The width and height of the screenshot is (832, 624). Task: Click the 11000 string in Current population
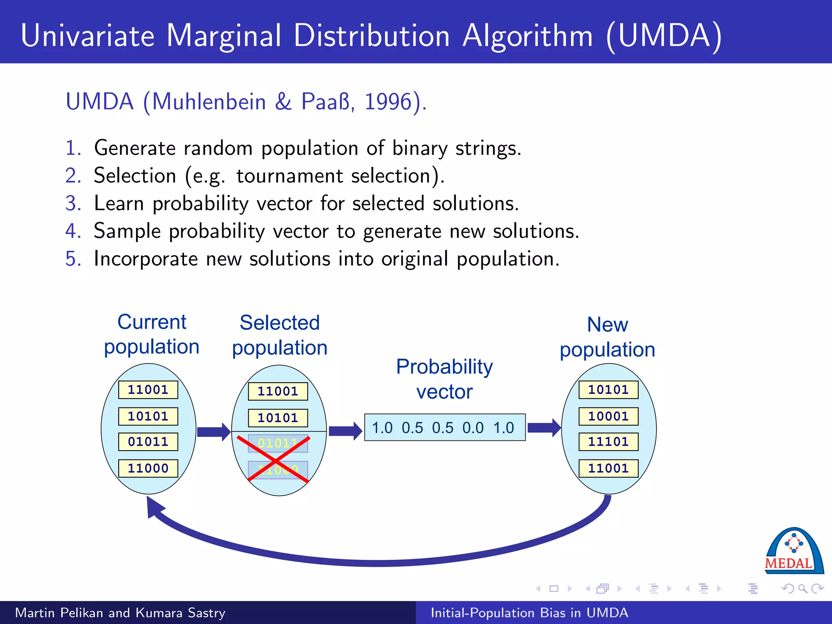pyautogui.click(x=148, y=468)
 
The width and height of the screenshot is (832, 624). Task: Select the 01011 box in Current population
pyautogui.click(x=148, y=442)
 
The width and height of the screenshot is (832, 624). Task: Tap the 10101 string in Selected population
pyautogui.click(x=278, y=418)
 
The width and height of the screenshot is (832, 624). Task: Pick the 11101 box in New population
pyautogui.click(x=608, y=442)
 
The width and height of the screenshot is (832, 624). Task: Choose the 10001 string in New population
pyautogui.click(x=608, y=416)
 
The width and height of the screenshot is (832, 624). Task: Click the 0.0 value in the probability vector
pyautogui.click(x=473, y=428)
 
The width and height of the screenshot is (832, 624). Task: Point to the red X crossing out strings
pyautogui.click(x=274, y=459)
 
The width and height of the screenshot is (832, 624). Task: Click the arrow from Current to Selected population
pyautogui.click(x=214, y=431)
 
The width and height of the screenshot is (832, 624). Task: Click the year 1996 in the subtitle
pyautogui.click(x=388, y=102)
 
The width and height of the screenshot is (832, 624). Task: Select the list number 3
pyautogui.click(x=73, y=203)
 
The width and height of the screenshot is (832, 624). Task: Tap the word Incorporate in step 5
pyautogui.click(x=146, y=259)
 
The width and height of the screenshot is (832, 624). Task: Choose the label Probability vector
pyautogui.click(x=444, y=379)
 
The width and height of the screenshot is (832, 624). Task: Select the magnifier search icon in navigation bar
pyautogui.click(x=802, y=589)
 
